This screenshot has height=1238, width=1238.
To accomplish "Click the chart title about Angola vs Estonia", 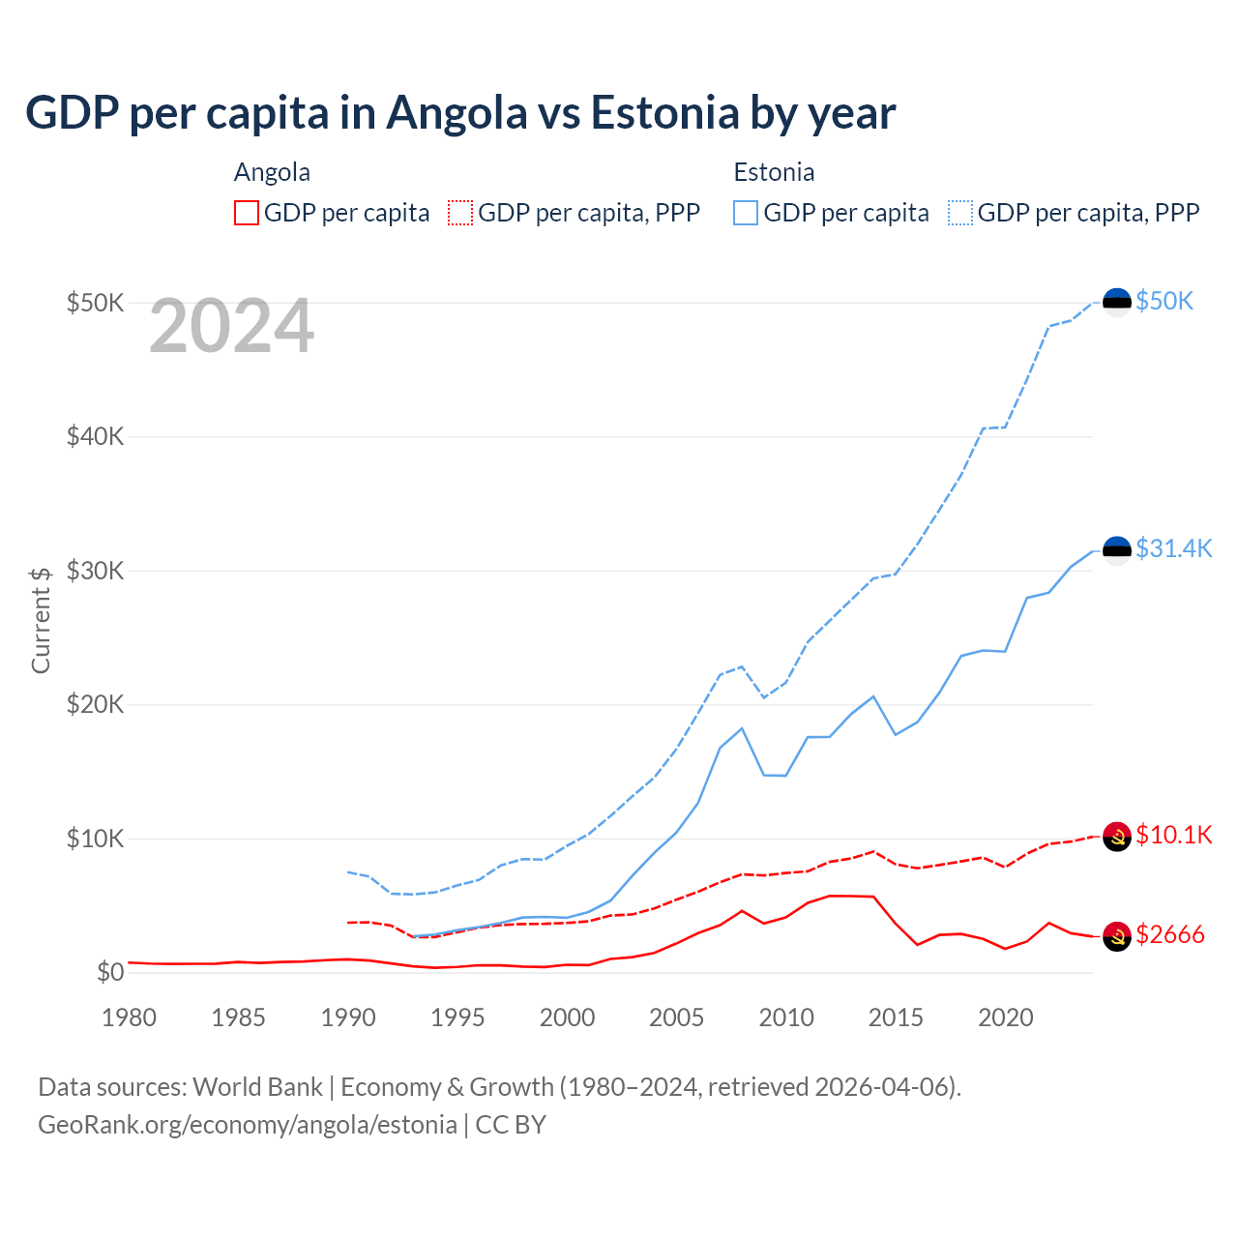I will (x=460, y=113).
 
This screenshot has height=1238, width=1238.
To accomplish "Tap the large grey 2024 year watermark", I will (x=231, y=327).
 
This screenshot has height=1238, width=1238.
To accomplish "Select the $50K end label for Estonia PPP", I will (x=1164, y=302).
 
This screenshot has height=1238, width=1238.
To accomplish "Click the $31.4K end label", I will (x=1173, y=549).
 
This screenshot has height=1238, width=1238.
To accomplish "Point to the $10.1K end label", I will (x=1173, y=836).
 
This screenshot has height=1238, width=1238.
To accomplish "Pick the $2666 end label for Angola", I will (x=1169, y=935).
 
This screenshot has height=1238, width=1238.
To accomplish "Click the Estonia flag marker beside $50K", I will (x=1117, y=303).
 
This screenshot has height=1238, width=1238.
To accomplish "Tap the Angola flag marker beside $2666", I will (x=1117, y=936).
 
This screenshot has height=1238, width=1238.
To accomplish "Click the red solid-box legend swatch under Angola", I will (x=247, y=213).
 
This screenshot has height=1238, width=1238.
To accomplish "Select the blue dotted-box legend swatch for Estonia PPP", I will (x=960, y=213).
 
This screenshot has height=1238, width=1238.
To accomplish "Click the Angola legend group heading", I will (x=272, y=173).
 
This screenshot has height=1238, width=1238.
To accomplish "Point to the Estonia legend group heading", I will (x=774, y=173).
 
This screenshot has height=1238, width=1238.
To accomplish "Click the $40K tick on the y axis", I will (x=95, y=437).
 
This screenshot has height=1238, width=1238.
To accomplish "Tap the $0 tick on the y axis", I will (x=110, y=973).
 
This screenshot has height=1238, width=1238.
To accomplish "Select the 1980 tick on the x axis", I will (x=129, y=1017).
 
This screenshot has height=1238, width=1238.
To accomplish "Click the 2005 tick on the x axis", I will (x=676, y=1017).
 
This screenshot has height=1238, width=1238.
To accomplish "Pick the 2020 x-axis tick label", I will (x=1006, y=1017).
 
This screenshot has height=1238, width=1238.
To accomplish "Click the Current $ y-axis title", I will (x=41, y=620).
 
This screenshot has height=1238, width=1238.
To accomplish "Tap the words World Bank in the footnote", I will (x=257, y=1087).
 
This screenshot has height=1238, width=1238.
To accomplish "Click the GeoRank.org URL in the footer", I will (x=247, y=1125).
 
